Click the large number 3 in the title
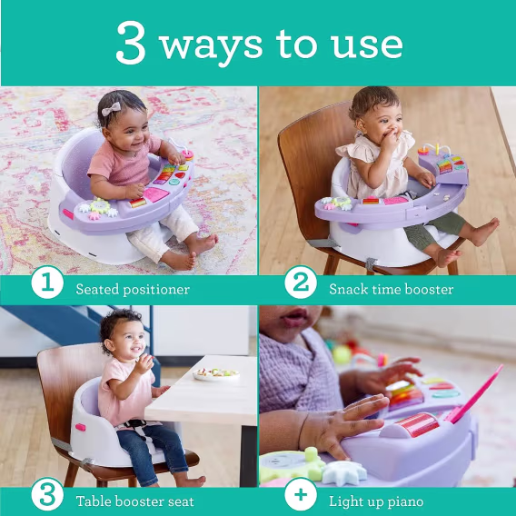point(131,43)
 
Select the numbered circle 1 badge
point(47,283)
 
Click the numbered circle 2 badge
point(300,283)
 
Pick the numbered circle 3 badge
point(47,494)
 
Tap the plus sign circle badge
point(300,494)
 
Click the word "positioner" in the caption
point(156,291)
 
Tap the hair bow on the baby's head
point(111,109)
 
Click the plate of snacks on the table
point(216,374)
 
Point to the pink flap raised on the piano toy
point(475,394)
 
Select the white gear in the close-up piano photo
point(344,473)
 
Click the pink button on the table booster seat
point(80,427)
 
